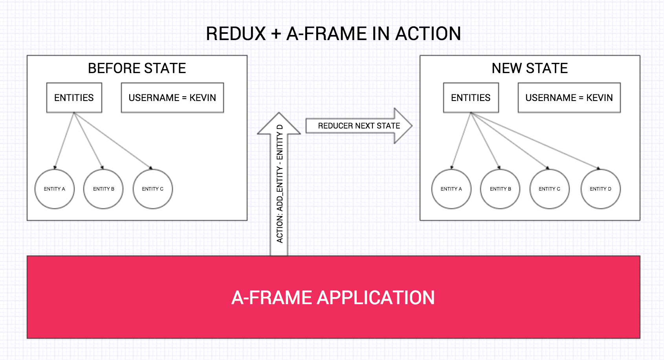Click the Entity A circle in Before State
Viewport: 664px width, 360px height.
tap(55, 189)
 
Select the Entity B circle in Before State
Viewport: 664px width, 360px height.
tap(103, 189)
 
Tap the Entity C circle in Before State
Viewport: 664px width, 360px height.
tap(153, 189)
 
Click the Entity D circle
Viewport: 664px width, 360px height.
tap(600, 189)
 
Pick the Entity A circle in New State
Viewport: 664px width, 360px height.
tap(451, 189)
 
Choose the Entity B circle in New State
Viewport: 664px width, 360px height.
tap(500, 189)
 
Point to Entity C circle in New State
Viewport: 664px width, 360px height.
tap(549, 189)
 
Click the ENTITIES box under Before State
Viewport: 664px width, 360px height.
tap(74, 98)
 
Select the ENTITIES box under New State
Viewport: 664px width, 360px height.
tap(471, 98)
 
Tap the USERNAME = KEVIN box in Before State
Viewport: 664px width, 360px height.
tap(172, 98)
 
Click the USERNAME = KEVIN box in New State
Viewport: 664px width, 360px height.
tap(569, 98)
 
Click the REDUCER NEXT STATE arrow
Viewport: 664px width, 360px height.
tap(359, 126)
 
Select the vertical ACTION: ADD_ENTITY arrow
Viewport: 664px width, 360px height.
tap(279, 185)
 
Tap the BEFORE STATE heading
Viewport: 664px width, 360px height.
tap(137, 68)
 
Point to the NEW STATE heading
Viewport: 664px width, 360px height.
tap(530, 68)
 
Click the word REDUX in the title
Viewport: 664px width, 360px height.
tap(236, 34)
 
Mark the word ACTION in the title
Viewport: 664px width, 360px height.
tap(428, 34)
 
